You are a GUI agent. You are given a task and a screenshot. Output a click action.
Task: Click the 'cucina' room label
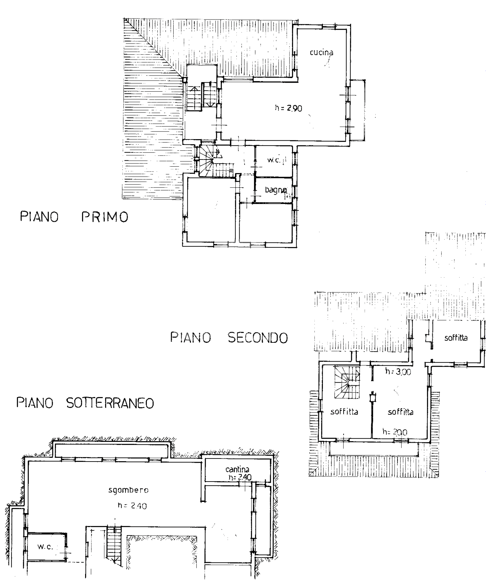pos(321,52)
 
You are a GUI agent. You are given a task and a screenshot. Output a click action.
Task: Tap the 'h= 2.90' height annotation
pos(288,108)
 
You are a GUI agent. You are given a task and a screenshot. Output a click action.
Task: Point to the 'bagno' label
pos(276,190)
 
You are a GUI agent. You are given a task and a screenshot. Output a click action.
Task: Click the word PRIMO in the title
pos(105,217)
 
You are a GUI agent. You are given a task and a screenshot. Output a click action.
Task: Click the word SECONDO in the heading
pos(258,338)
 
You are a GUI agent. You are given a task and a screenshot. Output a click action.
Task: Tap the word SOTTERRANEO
pos(110,403)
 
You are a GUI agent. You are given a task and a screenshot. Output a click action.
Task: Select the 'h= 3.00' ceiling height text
pos(398,372)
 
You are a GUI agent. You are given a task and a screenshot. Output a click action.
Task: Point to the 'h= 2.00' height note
pos(395,432)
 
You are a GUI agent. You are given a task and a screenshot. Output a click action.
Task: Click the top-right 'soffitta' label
pos(456,338)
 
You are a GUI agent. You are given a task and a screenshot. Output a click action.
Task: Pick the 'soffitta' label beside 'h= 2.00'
pos(401,412)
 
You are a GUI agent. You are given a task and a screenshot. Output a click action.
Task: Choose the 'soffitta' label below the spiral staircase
pos(344,412)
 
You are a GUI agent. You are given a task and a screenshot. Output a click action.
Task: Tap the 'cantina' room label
pos(237,470)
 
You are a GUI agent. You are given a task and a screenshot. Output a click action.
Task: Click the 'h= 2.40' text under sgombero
pos(132,506)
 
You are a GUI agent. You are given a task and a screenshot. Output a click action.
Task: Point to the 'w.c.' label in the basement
pos(45,547)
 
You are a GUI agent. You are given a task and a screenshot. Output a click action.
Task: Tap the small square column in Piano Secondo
pos(373,398)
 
